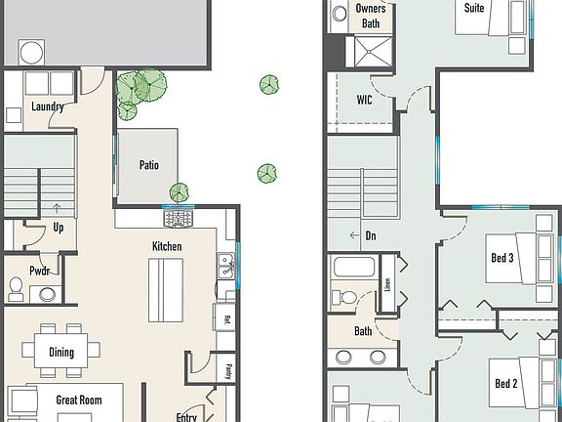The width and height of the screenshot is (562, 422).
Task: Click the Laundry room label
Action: click(47, 106)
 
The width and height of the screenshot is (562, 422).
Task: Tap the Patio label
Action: click(148, 165)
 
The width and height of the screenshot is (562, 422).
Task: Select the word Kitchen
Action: click(166, 246)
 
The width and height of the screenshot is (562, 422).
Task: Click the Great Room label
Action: click(79, 399)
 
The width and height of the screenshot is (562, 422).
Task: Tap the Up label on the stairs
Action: click(59, 227)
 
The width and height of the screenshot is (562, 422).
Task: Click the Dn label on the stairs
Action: click(370, 235)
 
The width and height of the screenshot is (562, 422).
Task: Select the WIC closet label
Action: click(364, 100)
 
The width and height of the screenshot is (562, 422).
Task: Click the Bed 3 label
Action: click(502, 259)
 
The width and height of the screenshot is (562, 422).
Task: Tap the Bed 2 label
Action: click(504, 383)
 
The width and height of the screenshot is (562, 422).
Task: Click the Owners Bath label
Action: click(372, 16)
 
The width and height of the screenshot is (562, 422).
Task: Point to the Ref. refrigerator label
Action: click(225, 318)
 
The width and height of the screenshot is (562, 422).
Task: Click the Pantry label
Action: click(226, 370)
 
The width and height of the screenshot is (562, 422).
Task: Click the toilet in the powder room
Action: click(17, 288)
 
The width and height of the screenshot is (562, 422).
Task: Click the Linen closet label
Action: click(387, 285)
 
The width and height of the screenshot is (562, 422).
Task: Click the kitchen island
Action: click(166, 291)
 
